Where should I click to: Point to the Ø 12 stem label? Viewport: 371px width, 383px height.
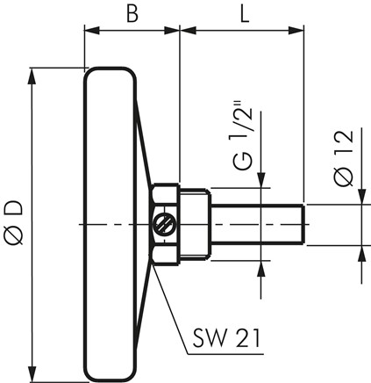pyautogui.click(x=344, y=158)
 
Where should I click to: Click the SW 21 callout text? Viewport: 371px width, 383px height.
pyautogui.click(x=226, y=339)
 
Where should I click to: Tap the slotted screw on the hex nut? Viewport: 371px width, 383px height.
pyautogui.click(x=162, y=224)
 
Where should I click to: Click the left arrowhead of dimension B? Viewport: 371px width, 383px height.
pyautogui.click(x=92, y=31)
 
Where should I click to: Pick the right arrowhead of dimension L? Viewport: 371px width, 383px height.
pyautogui.click(x=296, y=31)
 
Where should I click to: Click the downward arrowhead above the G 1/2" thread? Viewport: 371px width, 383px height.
pyautogui.click(x=261, y=180)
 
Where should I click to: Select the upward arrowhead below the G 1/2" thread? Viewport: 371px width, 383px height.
pyautogui.click(x=261, y=268)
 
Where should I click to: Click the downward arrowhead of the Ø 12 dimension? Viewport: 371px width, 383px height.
pyautogui.click(x=362, y=197)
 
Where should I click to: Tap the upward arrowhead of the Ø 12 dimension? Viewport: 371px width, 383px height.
pyautogui.click(x=362, y=253)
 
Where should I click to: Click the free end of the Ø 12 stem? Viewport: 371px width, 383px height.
pyautogui.click(x=304, y=225)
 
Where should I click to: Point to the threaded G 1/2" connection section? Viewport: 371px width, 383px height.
pyautogui.click(x=195, y=224)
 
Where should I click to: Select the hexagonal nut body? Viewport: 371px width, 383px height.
pyautogui.click(x=165, y=225)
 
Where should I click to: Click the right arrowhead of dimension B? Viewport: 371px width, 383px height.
pyautogui.click(x=171, y=31)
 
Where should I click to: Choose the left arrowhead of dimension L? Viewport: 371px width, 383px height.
pyautogui.click(x=189, y=31)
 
